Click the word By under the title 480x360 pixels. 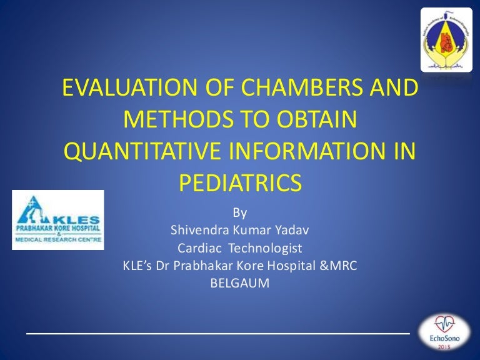click(240, 213)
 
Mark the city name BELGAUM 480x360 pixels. click(240, 283)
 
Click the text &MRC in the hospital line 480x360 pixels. click(342, 266)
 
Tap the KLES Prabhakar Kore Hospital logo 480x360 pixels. click(58, 220)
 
